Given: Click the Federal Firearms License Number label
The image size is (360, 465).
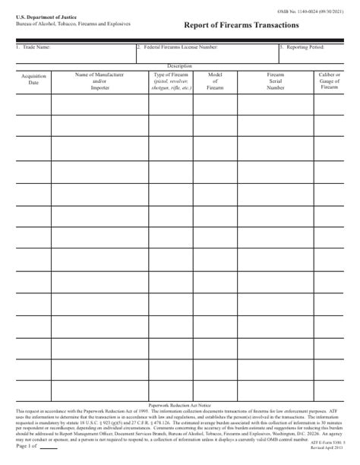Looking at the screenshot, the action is pyautogui.click(x=178, y=47).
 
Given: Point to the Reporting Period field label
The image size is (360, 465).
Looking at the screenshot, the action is pyautogui.click(x=302, y=47).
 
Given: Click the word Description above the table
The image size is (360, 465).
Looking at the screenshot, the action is pyautogui.click(x=180, y=66).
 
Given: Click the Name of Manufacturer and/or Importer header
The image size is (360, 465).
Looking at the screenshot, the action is pyautogui.click(x=99, y=82).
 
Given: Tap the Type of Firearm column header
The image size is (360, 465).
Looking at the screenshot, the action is pyautogui.click(x=170, y=82).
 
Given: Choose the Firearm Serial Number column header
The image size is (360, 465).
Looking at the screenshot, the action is pyautogui.click(x=275, y=82).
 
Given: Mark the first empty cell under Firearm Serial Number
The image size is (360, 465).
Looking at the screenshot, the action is pyautogui.click(x=275, y=104).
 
